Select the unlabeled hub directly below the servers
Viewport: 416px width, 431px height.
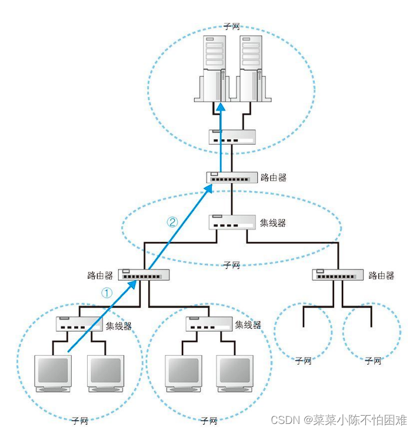coord(232,137)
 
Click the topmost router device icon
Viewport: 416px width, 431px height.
coord(232,176)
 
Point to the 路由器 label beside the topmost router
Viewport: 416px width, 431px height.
coord(274,177)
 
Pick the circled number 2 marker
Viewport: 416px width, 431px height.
coord(172,222)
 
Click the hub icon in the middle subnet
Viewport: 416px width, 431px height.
coord(232,222)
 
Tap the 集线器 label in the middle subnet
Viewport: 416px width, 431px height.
coord(272,223)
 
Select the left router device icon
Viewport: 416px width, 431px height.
coord(144,274)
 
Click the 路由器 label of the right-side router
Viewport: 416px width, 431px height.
coord(381,275)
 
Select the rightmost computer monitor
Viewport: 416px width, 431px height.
coord(235,372)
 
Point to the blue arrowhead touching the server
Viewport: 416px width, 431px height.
coord(220,108)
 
